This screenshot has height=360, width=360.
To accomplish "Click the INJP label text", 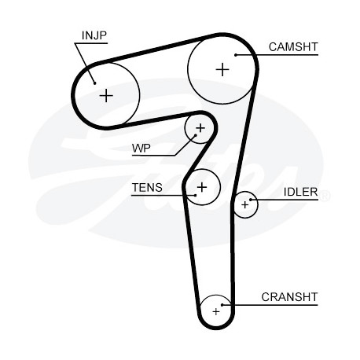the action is [94, 35].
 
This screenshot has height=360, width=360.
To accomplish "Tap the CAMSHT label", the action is [293, 47].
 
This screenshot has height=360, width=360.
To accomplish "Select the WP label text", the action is [141, 149].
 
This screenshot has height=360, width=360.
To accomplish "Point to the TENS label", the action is [147, 188].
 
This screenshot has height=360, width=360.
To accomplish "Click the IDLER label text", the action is [301, 192].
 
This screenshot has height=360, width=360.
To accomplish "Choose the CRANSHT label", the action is [289, 297].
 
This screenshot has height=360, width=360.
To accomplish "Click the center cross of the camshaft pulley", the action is [222, 70].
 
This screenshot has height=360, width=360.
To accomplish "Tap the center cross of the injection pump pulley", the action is [106, 96].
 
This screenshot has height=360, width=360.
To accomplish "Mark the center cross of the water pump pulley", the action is [200, 128].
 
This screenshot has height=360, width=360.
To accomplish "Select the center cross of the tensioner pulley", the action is [202, 187].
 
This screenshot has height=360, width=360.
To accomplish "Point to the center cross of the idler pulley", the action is [245, 204].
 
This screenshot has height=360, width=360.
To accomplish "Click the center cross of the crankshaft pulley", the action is [216, 312].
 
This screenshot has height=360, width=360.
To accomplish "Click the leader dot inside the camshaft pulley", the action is [236, 55].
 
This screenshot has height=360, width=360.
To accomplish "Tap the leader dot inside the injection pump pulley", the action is [95, 83].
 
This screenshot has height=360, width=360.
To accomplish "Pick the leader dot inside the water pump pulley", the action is [196, 135].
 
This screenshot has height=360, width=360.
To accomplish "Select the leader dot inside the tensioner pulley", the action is [196, 195].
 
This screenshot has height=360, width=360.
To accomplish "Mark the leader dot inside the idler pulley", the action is [251, 200].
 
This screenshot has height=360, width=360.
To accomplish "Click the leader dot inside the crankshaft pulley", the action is [222, 305].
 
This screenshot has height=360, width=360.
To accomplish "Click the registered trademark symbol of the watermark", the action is [325, 197].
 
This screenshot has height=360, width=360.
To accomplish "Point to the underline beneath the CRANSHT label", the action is [270, 305].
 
